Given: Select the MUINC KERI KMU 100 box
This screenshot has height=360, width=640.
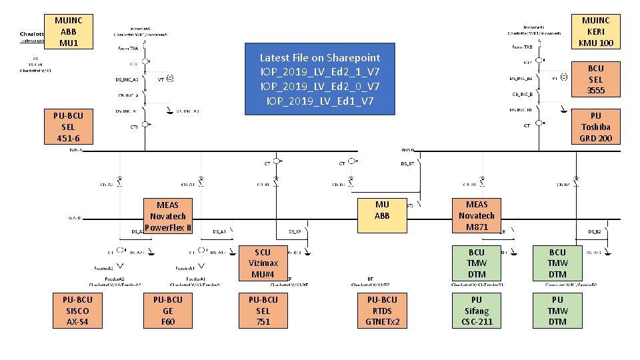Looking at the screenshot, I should [595, 32].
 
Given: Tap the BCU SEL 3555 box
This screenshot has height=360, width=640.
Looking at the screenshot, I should [595, 79].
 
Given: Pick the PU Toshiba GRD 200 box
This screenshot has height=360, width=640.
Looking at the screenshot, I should [595, 127].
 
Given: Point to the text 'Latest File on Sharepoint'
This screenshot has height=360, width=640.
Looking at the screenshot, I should [319, 58].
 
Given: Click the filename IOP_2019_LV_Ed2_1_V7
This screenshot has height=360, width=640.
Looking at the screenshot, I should [319, 72].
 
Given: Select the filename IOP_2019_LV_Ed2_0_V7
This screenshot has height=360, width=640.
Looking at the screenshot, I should [319, 87].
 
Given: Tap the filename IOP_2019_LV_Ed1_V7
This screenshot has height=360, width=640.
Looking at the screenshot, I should [319, 101].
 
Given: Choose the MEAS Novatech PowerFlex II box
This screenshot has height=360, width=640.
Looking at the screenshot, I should [168, 216].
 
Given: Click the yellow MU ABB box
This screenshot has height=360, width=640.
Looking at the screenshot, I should [382, 210].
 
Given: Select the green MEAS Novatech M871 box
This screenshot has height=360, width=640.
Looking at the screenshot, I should [477, 216].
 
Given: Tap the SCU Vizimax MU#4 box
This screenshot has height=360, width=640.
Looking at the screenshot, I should [263, 263].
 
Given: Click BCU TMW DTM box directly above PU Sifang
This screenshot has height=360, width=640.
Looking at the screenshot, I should [477, 263].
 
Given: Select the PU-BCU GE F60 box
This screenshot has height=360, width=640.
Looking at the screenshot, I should [168, 311].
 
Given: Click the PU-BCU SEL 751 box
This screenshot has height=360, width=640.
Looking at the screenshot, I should [263, 311].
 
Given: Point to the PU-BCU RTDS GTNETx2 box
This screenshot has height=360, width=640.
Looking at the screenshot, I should [381, 311].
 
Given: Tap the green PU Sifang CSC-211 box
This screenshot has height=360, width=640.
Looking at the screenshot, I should [477, 311].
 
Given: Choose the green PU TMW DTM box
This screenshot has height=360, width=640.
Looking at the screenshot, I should [557, 311].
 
